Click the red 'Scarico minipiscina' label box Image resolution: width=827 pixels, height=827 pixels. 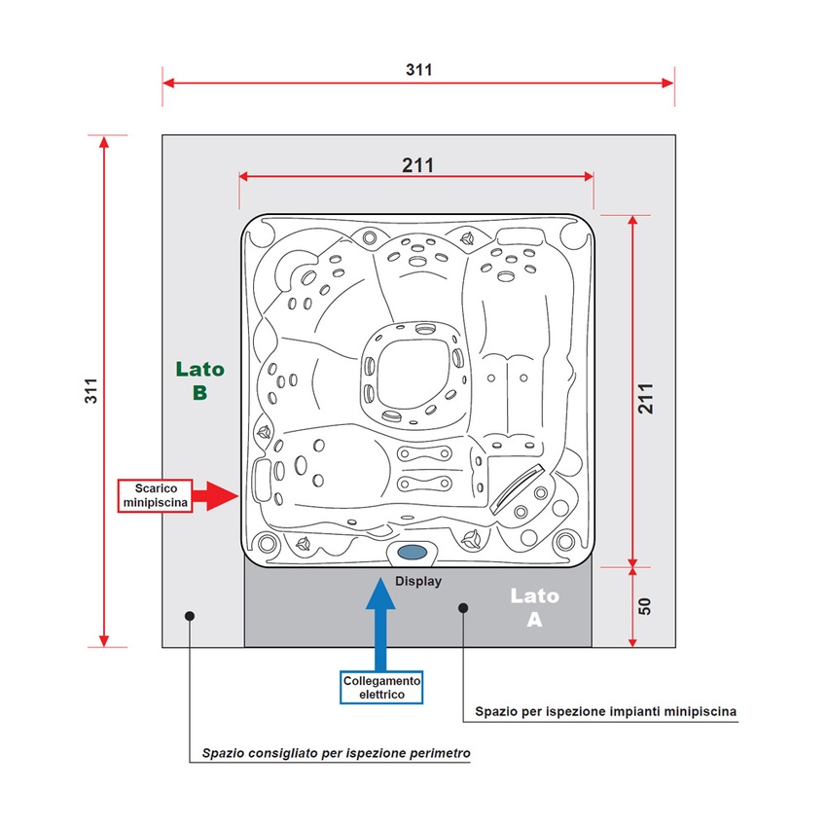click(x=155, y=495)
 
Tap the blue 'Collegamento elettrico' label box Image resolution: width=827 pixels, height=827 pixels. click(x=381, y=687)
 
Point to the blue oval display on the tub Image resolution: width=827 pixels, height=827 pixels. click(x=412, y=553)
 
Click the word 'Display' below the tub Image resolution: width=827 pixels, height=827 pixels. click(x=418, y=581)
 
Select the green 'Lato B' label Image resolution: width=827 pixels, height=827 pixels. click(x=199, y=380)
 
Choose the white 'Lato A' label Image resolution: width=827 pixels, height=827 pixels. click(x=534, y=607)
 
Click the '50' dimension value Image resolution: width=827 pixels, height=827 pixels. click(x=644, y=606)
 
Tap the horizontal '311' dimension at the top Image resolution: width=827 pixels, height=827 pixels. click(x=418, y=70)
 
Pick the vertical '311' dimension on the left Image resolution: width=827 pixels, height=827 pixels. click(x=91, y=391)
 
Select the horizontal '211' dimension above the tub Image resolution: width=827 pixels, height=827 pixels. click(x=417, y=165)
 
